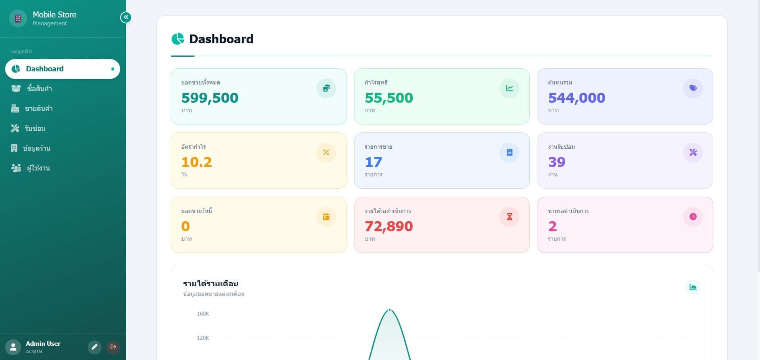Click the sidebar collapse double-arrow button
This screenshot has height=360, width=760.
[x=126, y=17]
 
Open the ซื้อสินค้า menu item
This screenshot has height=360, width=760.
[x=32, y=88]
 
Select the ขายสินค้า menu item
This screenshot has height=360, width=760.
[x=32, y=108]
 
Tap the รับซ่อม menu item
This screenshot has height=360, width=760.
[x=28, y=128]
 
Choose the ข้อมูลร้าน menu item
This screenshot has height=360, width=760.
[x=31, y=148]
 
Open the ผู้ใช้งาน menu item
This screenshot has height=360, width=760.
[x=30, y=168]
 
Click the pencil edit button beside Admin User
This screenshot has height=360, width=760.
[x=94, y=347]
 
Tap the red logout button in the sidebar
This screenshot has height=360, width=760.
[x=113, y=347]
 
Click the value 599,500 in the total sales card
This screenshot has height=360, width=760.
[x=210, y=98]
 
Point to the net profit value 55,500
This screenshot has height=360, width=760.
[x=389, y=98]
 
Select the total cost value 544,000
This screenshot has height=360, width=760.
[x=576, y=98]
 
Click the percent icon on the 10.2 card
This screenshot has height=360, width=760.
[x=326, y=152]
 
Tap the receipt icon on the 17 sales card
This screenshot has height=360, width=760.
[x=509, y=152]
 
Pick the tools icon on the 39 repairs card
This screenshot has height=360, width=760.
[x=693, y=152]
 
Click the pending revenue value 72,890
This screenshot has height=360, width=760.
[x=389, y=226]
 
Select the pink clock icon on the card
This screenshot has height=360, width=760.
[x=693, y=216]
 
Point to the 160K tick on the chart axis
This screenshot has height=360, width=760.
[x=203, y=314]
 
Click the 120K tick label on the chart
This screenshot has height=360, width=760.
[x=203, y=338]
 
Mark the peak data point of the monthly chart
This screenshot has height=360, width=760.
[x=390, y=310]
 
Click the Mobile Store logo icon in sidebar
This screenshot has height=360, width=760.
[x=18, y=18]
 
